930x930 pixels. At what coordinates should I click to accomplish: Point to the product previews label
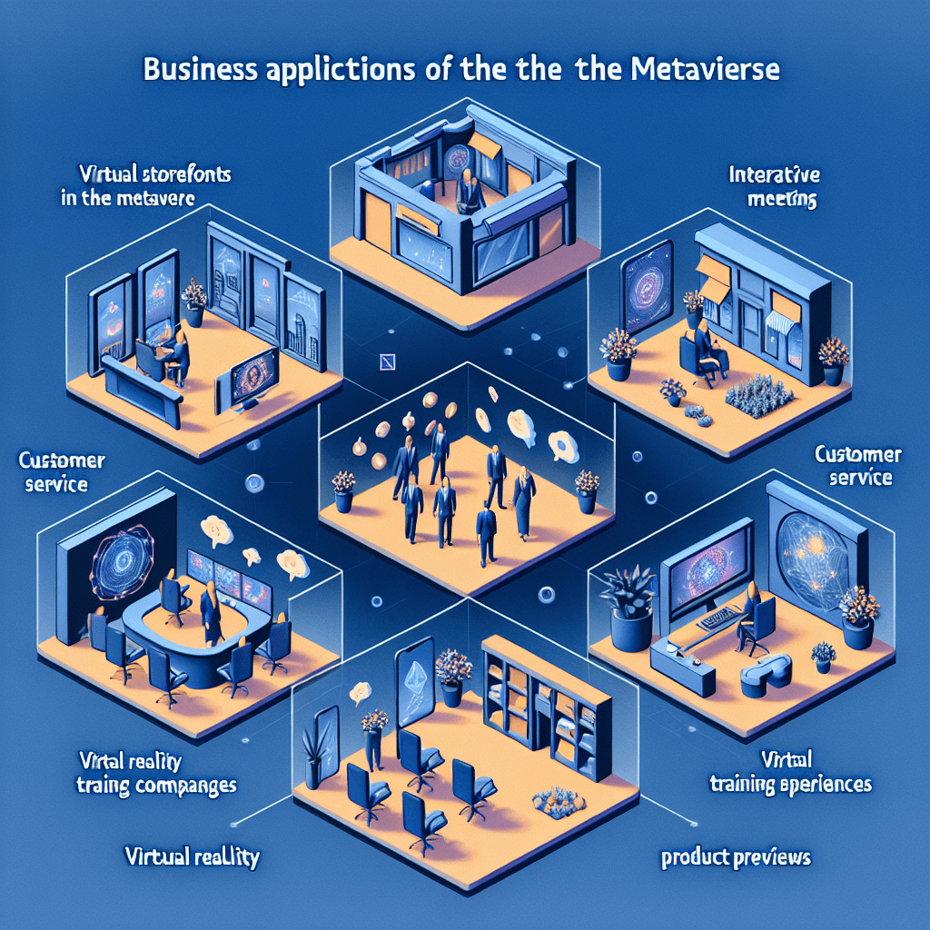click(x=737, y=856)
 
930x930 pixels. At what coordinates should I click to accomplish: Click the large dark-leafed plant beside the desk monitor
click(x=629, y=600)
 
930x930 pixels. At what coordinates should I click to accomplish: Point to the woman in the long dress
click(x=525, y=499)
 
